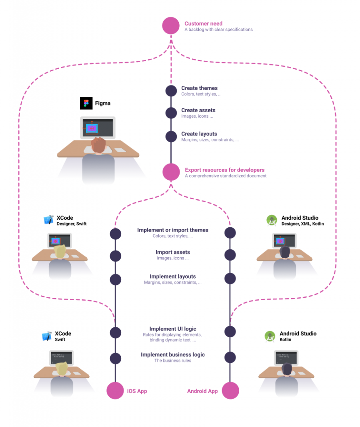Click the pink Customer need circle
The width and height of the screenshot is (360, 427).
click(x=171, y=26)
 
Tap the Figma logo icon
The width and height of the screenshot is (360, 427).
click(x=86, y=103)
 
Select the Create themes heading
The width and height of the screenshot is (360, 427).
click(x=199, y=88)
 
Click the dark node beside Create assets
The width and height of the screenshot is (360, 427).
click(x=171, y=113)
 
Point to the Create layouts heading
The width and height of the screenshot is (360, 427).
click(x=199, y=134)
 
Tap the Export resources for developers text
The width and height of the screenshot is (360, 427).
click(x=225, y=170)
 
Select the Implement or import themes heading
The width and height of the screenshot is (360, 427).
click(x=172, y=230)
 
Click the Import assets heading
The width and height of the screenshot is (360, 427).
click(x=172, y=252)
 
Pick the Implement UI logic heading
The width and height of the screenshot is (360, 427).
click(x=172, y=329)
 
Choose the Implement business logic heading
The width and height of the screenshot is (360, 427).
click(x=172, y=355)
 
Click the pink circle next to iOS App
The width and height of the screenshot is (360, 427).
click(x=115, y=391)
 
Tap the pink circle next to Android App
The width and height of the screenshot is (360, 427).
click(x=230, y=391)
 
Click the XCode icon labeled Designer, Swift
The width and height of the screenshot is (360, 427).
click(x=49, y=220)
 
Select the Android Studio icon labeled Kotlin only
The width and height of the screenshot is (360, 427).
click(x=270, y=336)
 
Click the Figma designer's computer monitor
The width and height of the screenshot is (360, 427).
click(x=97, y=128)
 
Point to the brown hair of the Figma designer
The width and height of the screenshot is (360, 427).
click(x=99, y=145)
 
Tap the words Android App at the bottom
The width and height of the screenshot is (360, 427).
click(x=202, y=391)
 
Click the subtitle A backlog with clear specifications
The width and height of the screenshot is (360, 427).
click(x=218, y=30)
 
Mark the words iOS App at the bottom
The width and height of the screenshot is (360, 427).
click(x=137, y=391)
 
